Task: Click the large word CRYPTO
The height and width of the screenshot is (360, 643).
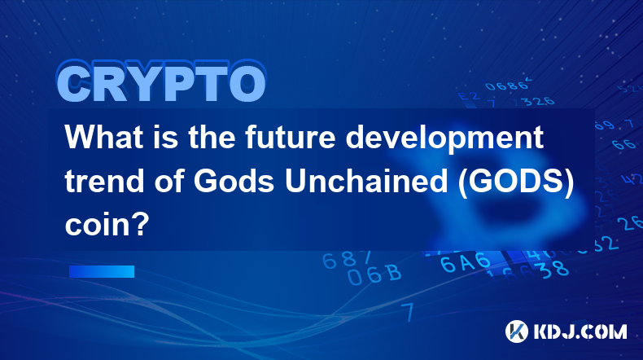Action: tap(162, 81)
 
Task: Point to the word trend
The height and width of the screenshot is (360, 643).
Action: tap(104, 181)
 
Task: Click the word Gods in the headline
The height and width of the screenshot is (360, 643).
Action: tap(234, 181)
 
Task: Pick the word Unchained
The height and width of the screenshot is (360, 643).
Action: tap(366, 181)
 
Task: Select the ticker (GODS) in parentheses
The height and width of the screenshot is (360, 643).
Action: tap(515, 182)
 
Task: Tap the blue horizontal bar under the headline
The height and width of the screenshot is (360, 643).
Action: tap(102, 271)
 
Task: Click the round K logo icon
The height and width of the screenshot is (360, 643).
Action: tap(517, 331)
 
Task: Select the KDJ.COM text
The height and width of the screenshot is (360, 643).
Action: tap(580, 331)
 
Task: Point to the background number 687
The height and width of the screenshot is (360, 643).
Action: tap(347, 260)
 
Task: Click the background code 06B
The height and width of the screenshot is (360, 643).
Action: tap(374, 274)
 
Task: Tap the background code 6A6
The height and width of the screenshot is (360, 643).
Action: tap(466, 263)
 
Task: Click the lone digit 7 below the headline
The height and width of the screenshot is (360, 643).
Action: tap(408, 312)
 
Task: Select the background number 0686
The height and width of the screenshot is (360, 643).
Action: tap(506, 86)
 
